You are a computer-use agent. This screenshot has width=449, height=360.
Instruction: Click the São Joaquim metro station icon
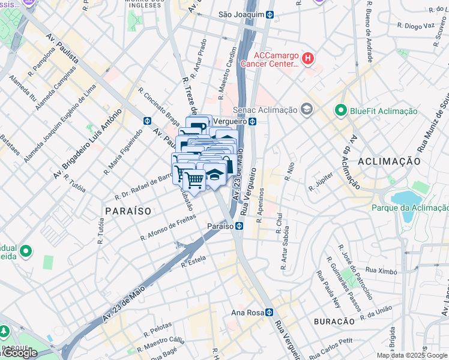pos(270,14)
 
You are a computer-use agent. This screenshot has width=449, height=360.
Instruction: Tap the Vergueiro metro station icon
pos(253,121)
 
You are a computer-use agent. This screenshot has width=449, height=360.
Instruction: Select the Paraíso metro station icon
pos(239,226)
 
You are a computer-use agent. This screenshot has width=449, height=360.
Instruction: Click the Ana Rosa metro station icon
pos(270,312)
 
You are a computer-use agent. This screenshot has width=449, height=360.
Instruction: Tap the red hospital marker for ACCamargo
pos(307,58)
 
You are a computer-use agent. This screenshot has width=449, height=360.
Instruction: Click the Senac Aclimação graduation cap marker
pos(307,109)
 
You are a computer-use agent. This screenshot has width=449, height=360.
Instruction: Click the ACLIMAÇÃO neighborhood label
pos(388,161)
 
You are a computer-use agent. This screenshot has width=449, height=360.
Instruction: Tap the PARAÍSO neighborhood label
pos(127,211)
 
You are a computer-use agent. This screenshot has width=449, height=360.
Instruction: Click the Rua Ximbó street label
pos(382,271)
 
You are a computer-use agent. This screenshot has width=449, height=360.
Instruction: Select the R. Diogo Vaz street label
pos(415,26)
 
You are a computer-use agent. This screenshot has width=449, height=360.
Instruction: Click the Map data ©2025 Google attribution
pos(412,355)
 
